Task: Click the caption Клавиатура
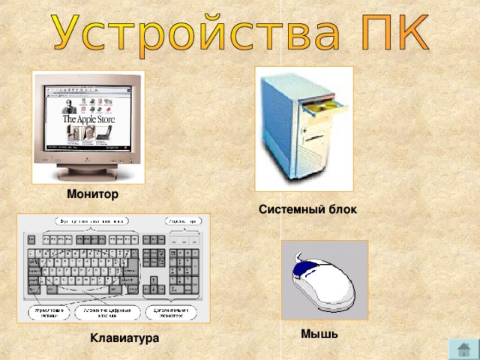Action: point(124,339)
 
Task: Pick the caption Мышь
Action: point(319,334)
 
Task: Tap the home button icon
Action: point(463,348)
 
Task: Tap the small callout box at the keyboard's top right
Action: point(182,222)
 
